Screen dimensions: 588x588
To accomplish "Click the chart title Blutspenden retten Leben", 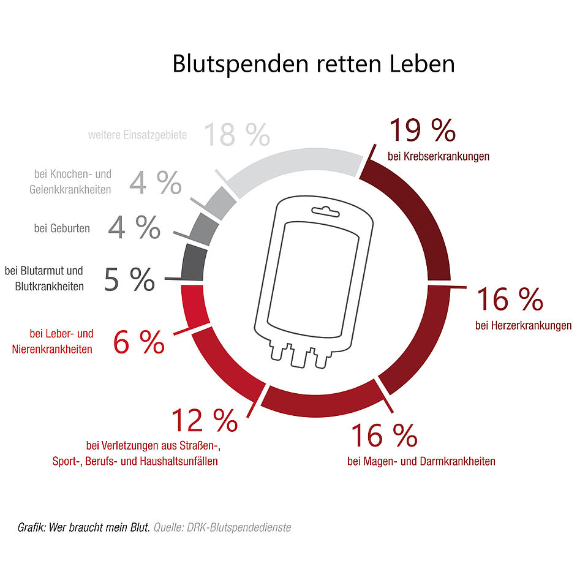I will [313, 64].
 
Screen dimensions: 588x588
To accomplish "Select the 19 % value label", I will [422, 130].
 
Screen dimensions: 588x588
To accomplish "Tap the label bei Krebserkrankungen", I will [439, 156].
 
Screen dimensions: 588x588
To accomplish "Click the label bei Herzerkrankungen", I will [523, 325].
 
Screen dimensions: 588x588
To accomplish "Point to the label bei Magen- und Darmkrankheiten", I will [421, 461].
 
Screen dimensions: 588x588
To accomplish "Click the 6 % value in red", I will [139, 342].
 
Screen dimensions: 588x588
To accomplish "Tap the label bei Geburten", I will [62, 228].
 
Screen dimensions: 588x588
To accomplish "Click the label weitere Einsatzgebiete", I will [137, 135].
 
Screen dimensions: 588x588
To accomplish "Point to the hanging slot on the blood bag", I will [326, 213].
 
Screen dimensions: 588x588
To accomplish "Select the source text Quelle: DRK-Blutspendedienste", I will [222, 527].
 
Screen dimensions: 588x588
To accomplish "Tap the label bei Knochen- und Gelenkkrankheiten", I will [70, 182].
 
